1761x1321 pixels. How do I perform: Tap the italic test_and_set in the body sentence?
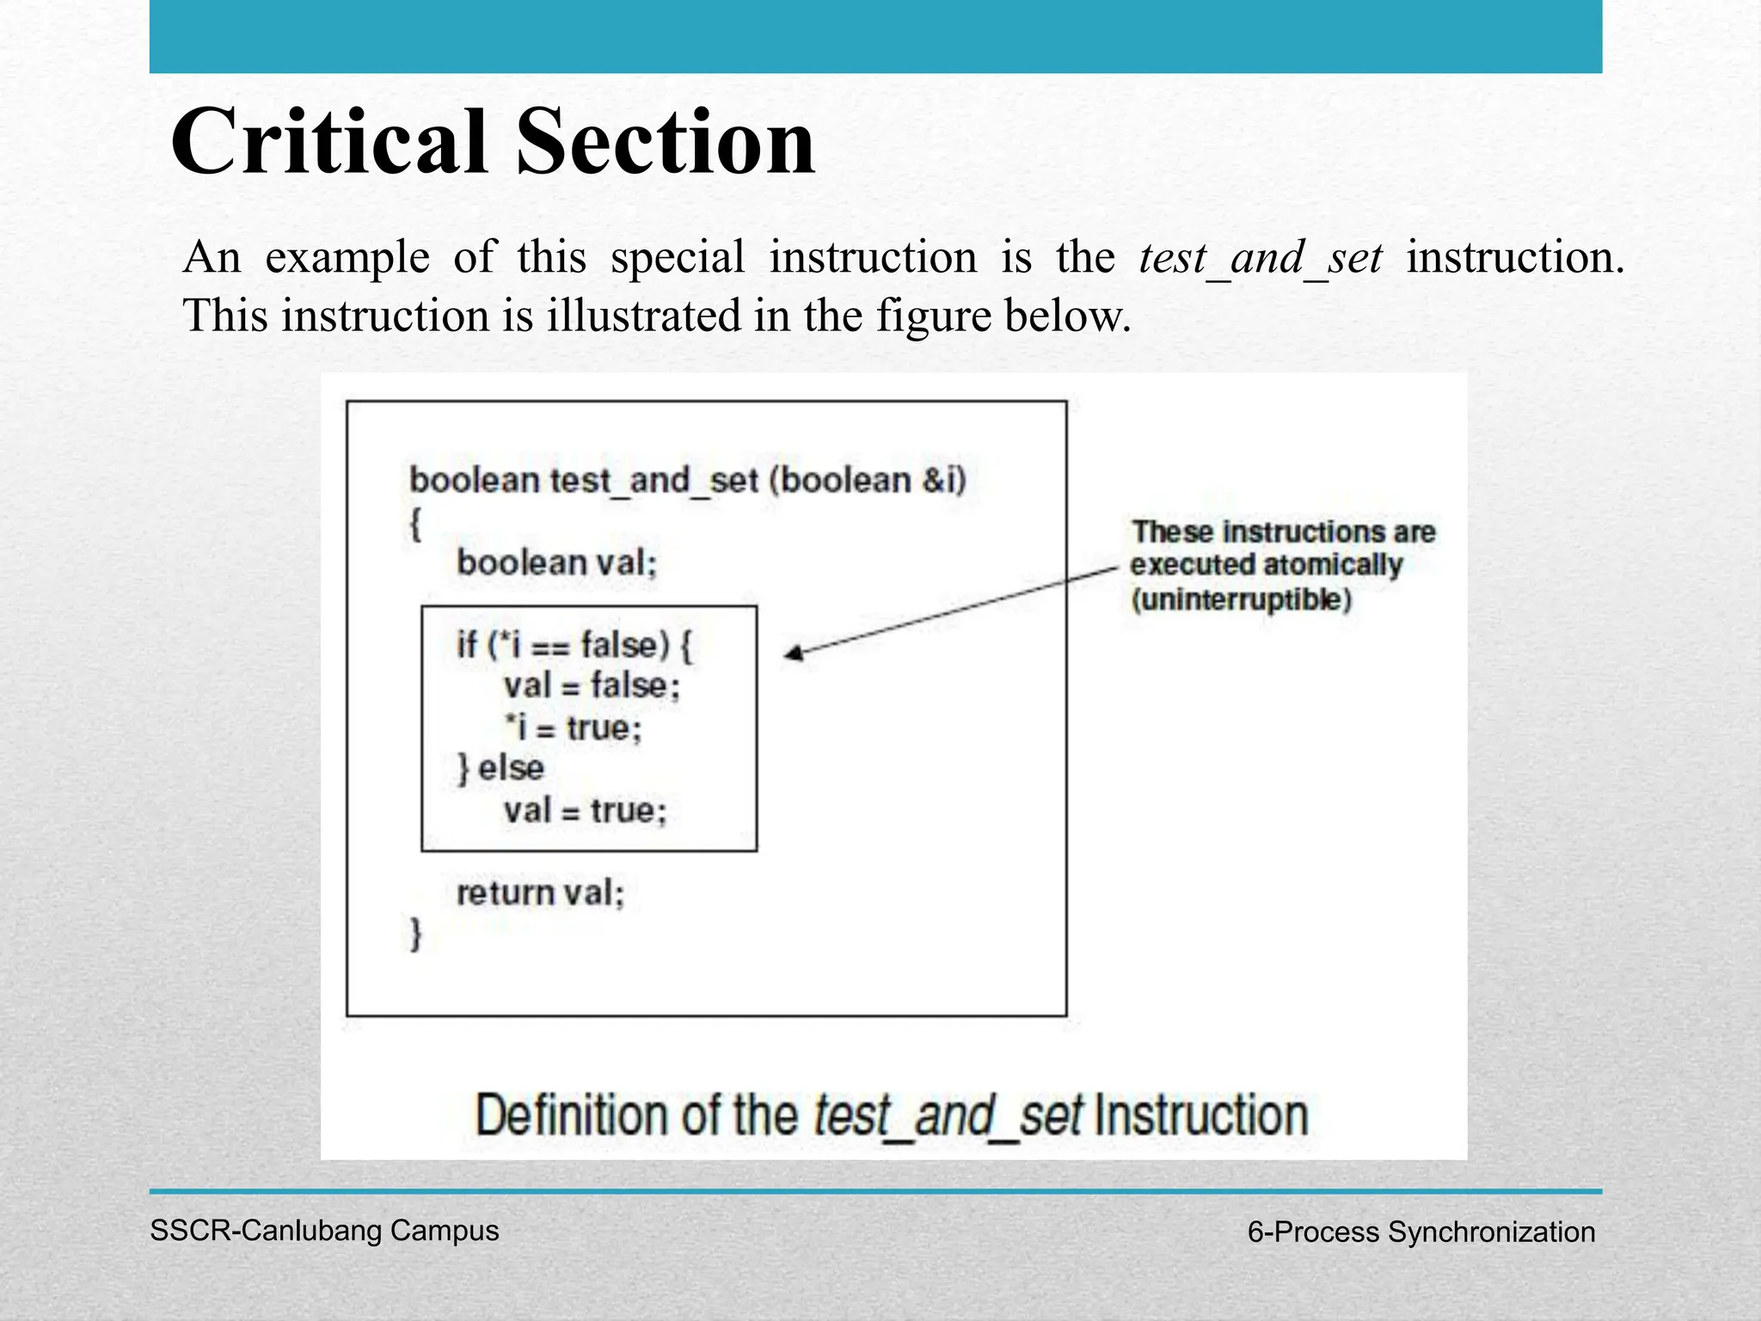(x=1260, y=258)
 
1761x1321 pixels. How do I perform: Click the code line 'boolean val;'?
(x=556, y=563)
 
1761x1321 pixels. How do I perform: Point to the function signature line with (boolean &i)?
(x=688, y=480)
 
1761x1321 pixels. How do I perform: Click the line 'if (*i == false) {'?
(x=574, y=645)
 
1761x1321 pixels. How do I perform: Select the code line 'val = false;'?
(x=592, y=686)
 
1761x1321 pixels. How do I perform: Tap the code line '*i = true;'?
(x=574, y=728)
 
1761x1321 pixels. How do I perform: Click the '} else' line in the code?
(x=500, y=768)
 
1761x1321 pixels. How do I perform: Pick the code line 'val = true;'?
(x=585, y=810)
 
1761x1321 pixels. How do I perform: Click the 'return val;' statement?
(x=540, y=893)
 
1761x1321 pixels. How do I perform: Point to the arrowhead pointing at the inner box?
(x=793, y=654)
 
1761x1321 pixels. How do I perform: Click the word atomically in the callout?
(x=1333, y=565)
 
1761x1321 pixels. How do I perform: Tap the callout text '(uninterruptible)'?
(x=1241, y=599)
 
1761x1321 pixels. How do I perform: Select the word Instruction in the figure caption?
(x=1201, y=1115)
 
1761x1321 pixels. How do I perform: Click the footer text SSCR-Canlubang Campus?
(x=324, y=1231)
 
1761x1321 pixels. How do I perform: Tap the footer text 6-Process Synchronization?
(x=1420, y=1232)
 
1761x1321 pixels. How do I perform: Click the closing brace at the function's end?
(x=416, y=934)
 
